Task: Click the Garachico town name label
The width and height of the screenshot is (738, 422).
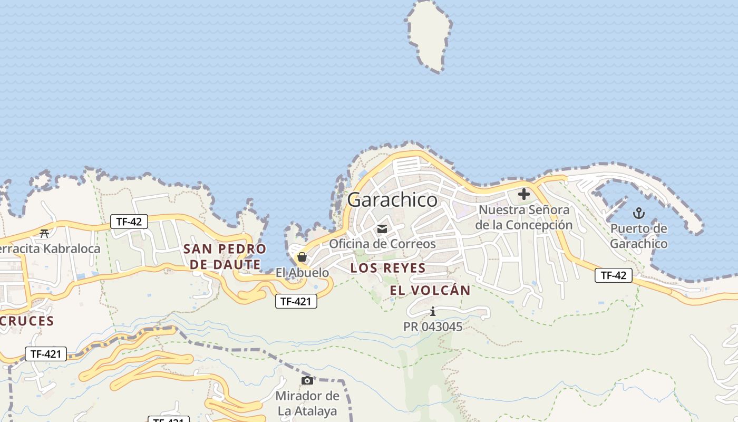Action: click(x=392, y=200)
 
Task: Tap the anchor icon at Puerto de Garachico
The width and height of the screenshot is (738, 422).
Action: click(x=638, y=214)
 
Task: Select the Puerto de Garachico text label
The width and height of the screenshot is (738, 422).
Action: click(x=638, y=236)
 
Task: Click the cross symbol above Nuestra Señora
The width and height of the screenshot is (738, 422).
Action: click(x=523, y=194)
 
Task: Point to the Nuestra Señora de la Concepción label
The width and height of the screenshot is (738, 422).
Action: click(x=523, y=217)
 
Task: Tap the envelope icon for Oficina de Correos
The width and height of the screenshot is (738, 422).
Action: click(x=382, y=229)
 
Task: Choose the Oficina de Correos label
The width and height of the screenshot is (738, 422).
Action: click(x=382, y=244)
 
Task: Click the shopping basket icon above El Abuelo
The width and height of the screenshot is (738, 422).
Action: click(x=302, y=257)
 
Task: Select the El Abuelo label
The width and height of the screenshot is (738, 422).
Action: click(x=302, y=273)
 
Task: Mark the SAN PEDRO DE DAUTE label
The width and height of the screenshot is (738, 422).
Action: click(x=225, y=256)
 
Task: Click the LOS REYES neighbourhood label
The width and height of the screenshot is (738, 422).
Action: click(x=388, y=268)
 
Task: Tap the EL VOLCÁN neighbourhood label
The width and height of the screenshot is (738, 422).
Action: click(x=430, y=290)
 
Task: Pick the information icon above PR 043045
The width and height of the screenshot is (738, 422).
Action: click(x=433, y=312)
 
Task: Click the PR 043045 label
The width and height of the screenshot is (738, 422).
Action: click(x=433, y=327)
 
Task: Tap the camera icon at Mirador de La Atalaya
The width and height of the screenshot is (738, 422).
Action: click(x=307, y=380)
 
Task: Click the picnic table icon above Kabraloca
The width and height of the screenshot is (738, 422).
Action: click(x=44, y=233)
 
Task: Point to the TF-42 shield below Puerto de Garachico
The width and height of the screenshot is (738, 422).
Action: click(x=613, y=275)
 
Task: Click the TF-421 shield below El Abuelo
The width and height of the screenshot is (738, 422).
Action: click(x=296, y=301)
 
